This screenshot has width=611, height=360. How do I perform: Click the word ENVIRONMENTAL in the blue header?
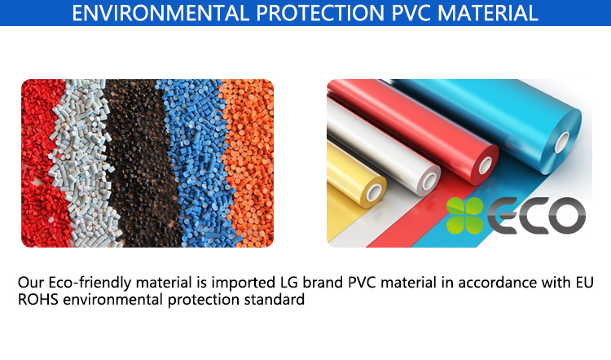point(160,12)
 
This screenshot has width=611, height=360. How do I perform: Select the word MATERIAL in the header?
point(487,12)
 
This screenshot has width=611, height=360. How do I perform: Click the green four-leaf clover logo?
point(465,216)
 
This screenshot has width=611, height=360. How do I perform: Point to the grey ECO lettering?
point(537,216)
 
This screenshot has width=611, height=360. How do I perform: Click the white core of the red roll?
point(486,165)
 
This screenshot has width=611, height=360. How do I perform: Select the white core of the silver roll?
point(430,181)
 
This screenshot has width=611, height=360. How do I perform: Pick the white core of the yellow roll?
point(374,192)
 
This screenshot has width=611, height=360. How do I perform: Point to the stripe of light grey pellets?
point(84,164)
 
